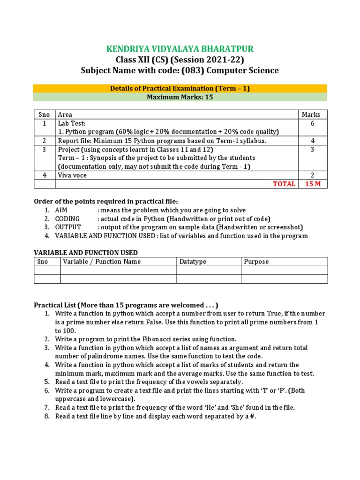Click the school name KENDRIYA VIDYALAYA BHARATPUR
(180, 49)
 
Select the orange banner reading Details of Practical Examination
(180, 88)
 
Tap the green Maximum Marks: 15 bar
(180, 97)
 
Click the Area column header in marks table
(65, 114)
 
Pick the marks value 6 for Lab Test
(313, 123)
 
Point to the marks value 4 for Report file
(313, 141)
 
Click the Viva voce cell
(72, 175)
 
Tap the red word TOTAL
(284, 184)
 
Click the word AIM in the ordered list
(61, 210)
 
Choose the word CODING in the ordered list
(67, 219)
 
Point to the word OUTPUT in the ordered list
(67, 227)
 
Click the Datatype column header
(193, 262)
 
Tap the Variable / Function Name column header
(102, 262)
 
